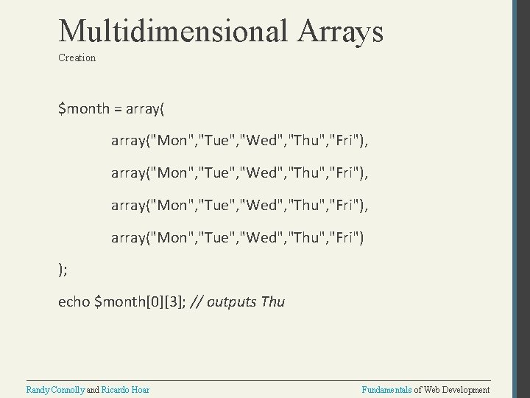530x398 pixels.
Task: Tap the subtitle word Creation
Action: pos(77,57)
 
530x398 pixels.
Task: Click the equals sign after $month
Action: pos(119,109)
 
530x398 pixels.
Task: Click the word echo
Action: pos(74,301)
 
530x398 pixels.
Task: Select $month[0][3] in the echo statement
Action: pos(140,301)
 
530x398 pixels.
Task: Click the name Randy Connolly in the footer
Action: pos(55,389)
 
